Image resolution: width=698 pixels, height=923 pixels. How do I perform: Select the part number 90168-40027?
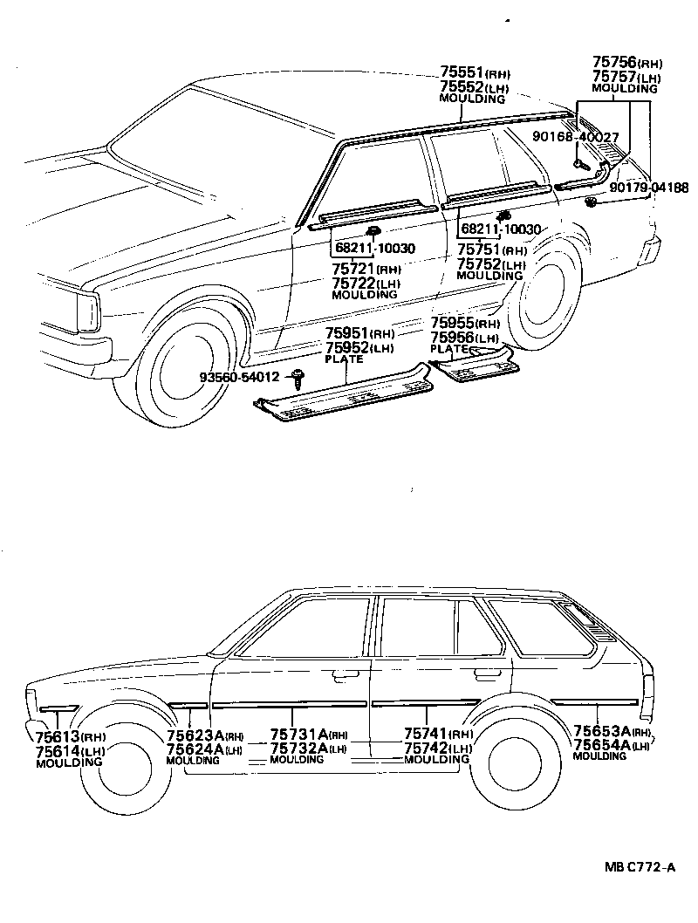click(x=576, y=137)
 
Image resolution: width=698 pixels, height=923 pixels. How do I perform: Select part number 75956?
click(x=452, y=337)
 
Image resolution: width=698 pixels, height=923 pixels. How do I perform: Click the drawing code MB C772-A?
click(x=641, y=867)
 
